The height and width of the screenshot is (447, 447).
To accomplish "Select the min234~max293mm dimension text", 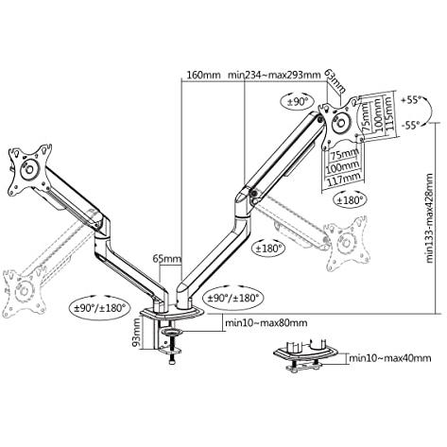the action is (x=274, y=76).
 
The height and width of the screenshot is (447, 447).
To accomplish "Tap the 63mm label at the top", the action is (x=335, y=82).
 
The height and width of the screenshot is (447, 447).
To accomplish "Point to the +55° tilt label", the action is (x=411, y=100).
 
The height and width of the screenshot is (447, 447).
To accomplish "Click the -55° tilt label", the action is (x=411, y=125).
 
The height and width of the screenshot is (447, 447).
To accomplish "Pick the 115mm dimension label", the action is (x=388, y=113).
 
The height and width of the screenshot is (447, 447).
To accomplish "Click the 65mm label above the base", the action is (x=167, y=259).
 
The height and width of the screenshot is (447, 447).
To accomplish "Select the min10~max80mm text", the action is (x=266, y=323).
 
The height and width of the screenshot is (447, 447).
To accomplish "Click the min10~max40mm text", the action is (x=390, y=358).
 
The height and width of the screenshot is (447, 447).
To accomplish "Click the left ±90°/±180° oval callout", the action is (x=99, y=307).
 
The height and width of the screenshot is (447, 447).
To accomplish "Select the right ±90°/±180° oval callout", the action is (x=233, y=297).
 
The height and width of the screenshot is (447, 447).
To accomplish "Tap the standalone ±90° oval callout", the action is (x=297, y=101).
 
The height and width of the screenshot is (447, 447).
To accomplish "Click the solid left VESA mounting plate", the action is (x=29, y=169).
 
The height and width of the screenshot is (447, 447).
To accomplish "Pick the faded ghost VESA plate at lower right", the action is (x=347, y=243).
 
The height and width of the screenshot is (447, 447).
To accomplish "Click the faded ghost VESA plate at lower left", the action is (x=25, y=290).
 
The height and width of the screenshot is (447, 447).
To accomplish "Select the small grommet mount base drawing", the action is (x=305, y=355).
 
